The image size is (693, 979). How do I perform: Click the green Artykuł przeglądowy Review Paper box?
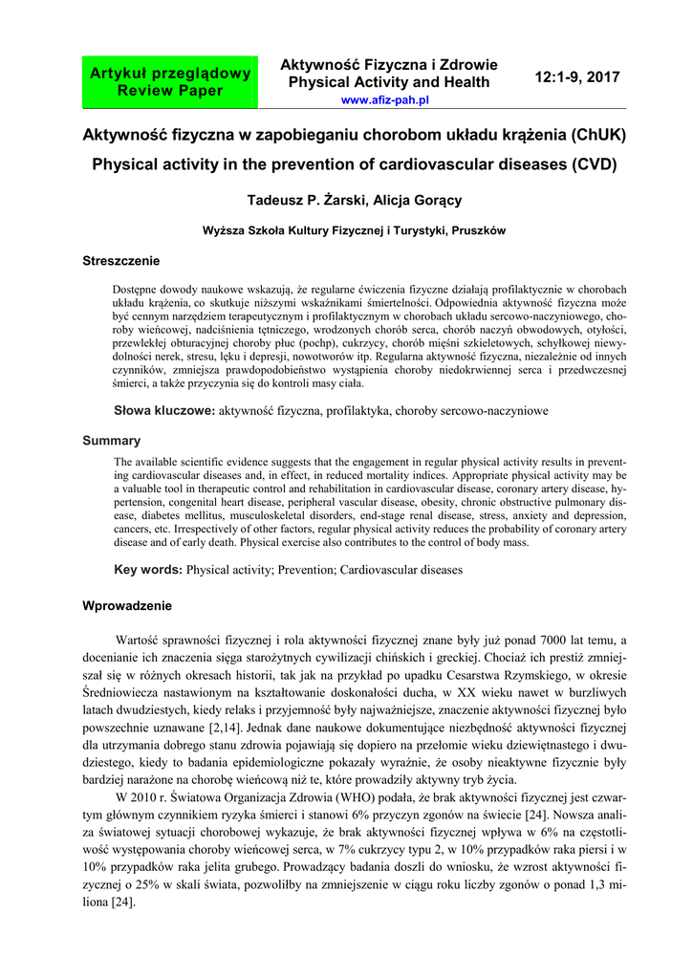point(170,82)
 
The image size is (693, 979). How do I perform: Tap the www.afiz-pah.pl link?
point(384,99)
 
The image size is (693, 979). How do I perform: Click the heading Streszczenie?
point(121,261)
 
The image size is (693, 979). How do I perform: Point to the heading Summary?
point(112,441)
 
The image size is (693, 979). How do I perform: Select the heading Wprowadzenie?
point(127,605)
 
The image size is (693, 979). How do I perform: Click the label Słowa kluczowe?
point(165,410)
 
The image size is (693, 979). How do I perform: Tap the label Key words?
point(148,570)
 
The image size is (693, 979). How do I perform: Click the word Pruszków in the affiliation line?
point(478,230)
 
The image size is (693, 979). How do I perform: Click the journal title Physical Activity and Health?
point(389,82)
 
